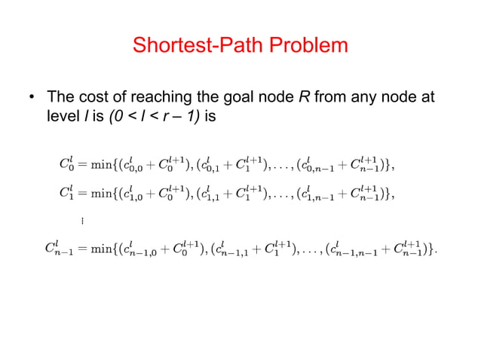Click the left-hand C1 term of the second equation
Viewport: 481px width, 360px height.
66,193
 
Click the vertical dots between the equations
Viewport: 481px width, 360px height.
81,221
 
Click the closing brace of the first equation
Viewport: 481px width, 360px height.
391,165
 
